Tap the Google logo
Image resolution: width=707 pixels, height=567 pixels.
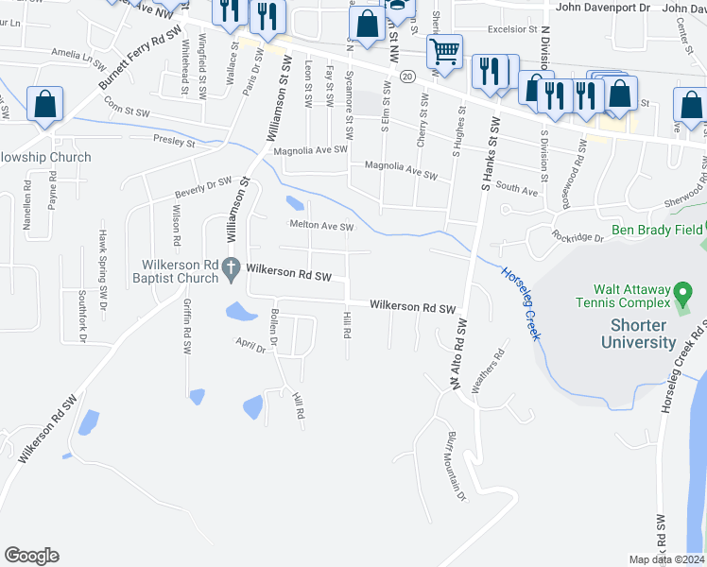(31, 556)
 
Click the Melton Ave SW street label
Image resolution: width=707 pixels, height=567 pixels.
(321, 227)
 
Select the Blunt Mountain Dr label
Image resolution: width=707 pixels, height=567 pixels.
(456, 468)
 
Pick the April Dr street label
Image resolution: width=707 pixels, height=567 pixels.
(250, 346)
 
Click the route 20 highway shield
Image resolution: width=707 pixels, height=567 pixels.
(406, 75)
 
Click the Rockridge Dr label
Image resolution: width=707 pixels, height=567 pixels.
(578, 238)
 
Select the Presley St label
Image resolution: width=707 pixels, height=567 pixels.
(173, 143)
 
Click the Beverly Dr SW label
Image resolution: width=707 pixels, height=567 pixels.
(202, 188)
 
